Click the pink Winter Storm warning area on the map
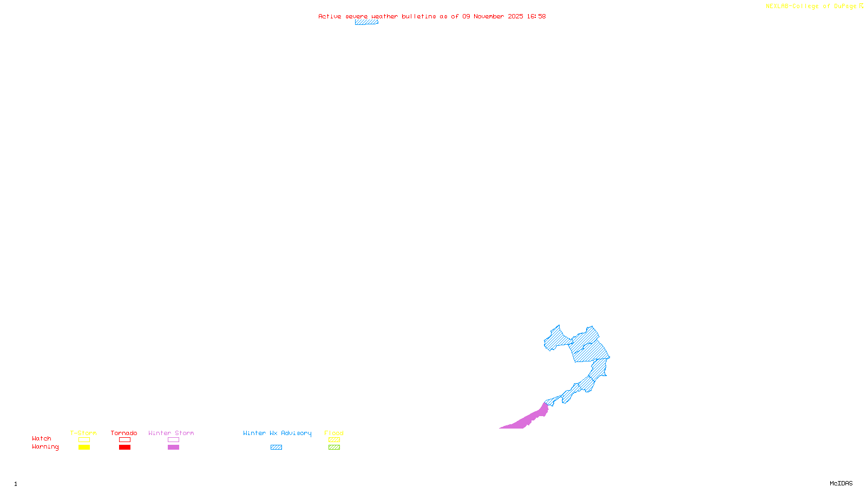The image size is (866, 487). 528,419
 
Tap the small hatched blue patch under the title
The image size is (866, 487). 366,22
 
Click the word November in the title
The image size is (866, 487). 489,16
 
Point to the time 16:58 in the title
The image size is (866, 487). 536,16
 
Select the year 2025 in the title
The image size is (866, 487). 515,16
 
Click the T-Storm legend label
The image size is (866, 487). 83,433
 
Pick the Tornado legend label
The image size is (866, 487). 124,433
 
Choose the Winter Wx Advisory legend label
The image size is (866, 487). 277,433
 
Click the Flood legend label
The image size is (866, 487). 334,433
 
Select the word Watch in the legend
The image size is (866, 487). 42,439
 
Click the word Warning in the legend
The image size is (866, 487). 45,447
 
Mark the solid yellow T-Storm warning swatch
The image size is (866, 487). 84,447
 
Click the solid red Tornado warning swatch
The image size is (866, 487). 125,447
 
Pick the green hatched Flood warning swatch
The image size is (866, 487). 334,447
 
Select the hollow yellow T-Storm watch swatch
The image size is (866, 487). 84,440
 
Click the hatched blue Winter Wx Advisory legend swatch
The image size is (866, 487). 277,447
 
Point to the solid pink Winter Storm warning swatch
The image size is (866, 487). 173,447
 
